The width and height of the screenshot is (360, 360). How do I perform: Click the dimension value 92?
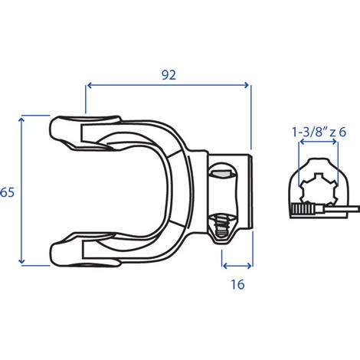pos(169,75)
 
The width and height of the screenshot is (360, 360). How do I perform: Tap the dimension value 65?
pos(7,192)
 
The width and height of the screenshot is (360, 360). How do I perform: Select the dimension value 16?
pos(237,284)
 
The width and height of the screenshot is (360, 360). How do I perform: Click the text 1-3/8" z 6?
pos(319,132)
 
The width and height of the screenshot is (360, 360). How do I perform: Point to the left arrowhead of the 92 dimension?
pos(90,85)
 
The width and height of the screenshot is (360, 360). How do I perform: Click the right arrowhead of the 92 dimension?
pos(247,85)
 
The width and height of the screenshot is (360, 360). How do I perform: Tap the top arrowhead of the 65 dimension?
pos(21,119)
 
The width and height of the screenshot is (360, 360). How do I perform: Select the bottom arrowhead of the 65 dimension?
pos(21,261)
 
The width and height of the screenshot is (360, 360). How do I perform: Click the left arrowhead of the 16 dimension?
pos(225,266)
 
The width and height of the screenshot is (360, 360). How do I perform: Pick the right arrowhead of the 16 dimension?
pos(250,266)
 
